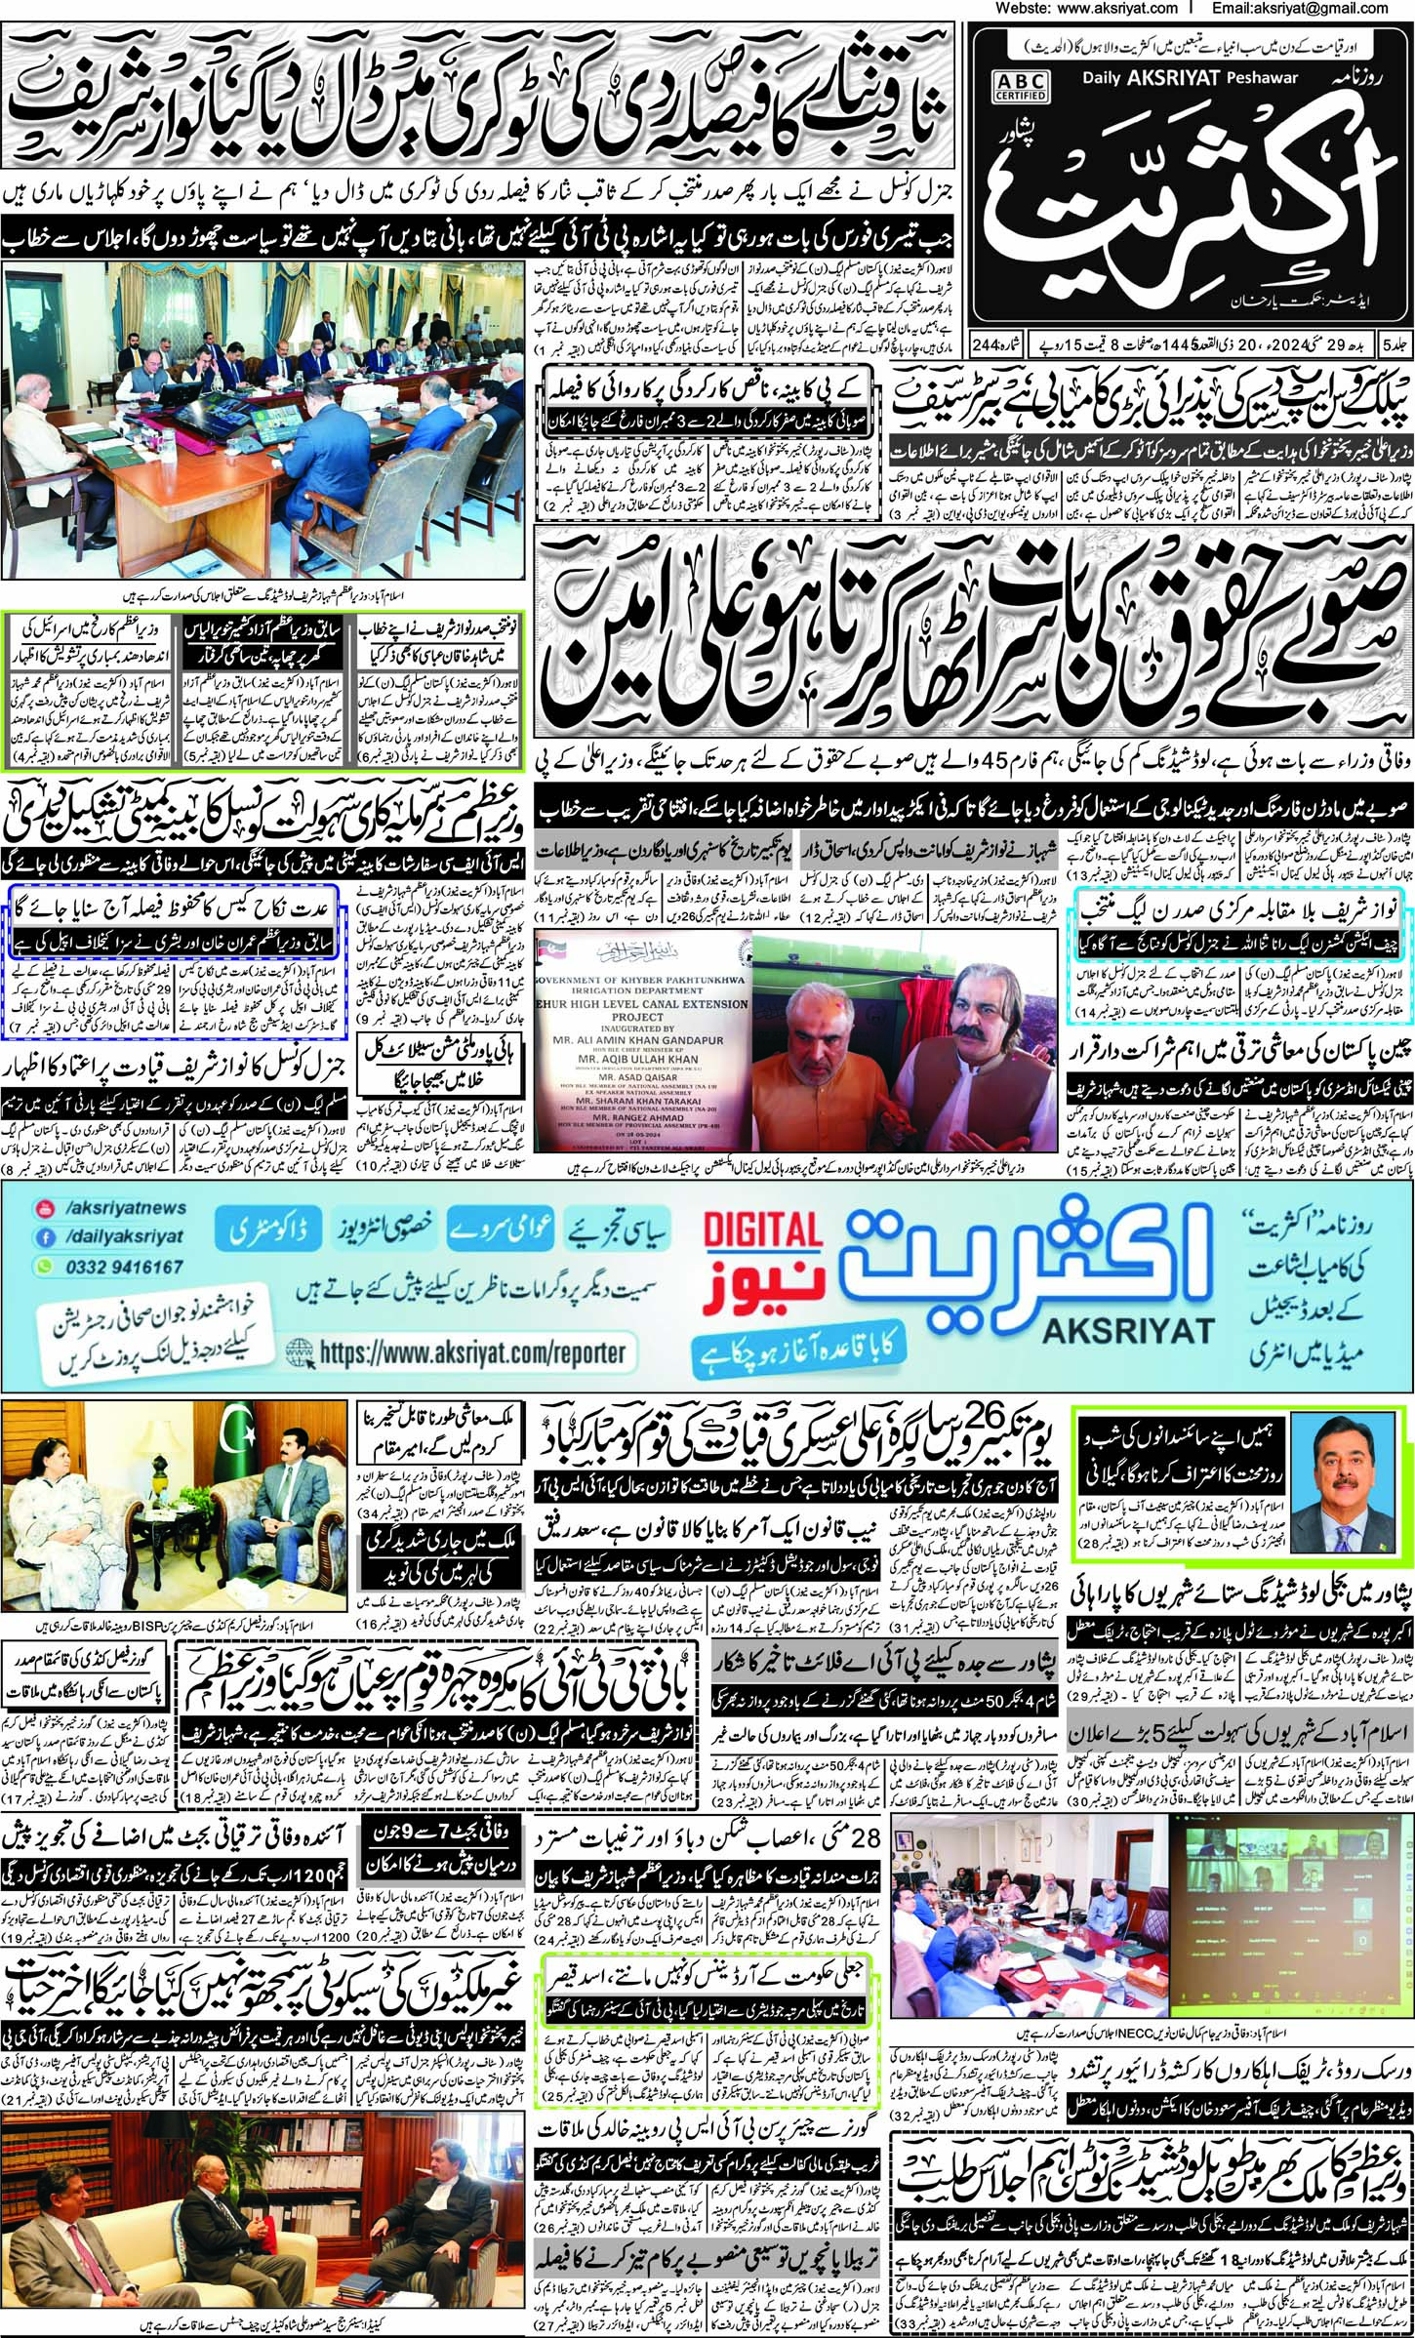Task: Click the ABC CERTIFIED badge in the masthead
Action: pos(1023,85)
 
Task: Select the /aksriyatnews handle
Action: pos(124,1208)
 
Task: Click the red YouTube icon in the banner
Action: pos(44,1209)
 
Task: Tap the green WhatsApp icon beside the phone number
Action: pos(44,1267)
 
